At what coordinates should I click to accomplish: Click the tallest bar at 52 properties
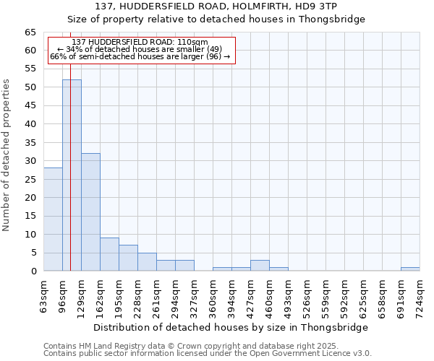(72, 175)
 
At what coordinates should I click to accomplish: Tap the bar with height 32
(90, 212)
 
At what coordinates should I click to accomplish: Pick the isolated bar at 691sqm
(410, 269)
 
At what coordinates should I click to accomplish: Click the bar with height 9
(109, 254)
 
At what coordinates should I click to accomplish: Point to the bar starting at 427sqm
(260, 266)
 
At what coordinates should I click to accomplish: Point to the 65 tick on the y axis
(30, 32)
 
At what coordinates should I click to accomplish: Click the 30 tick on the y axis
(30, 161)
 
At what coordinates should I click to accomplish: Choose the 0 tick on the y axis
(33, 271)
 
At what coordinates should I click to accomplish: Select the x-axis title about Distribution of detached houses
(231, 327)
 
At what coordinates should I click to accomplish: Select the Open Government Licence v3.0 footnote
(207, 353)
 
